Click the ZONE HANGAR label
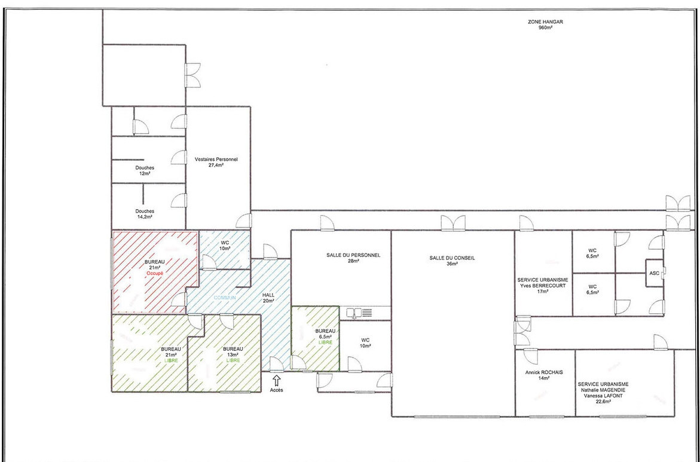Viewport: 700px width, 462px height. (x=545, y=22)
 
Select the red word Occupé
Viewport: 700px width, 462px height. (x=155, y=273)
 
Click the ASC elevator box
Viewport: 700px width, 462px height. (x=654, y=273)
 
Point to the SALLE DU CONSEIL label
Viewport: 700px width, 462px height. (x=452, y=258)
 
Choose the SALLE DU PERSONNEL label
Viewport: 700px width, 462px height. (x=353, y=255)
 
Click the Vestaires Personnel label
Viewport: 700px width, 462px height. (x=216, y=160)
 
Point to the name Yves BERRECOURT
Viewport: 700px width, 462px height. (x=543, y=285)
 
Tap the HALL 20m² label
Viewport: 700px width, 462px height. (x=268, y=298)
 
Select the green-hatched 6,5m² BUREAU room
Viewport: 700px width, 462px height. (x=314, y=338)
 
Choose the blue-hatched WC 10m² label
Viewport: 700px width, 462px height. (x=225, y=245)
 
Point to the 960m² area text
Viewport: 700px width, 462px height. (x=545, y=27)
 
